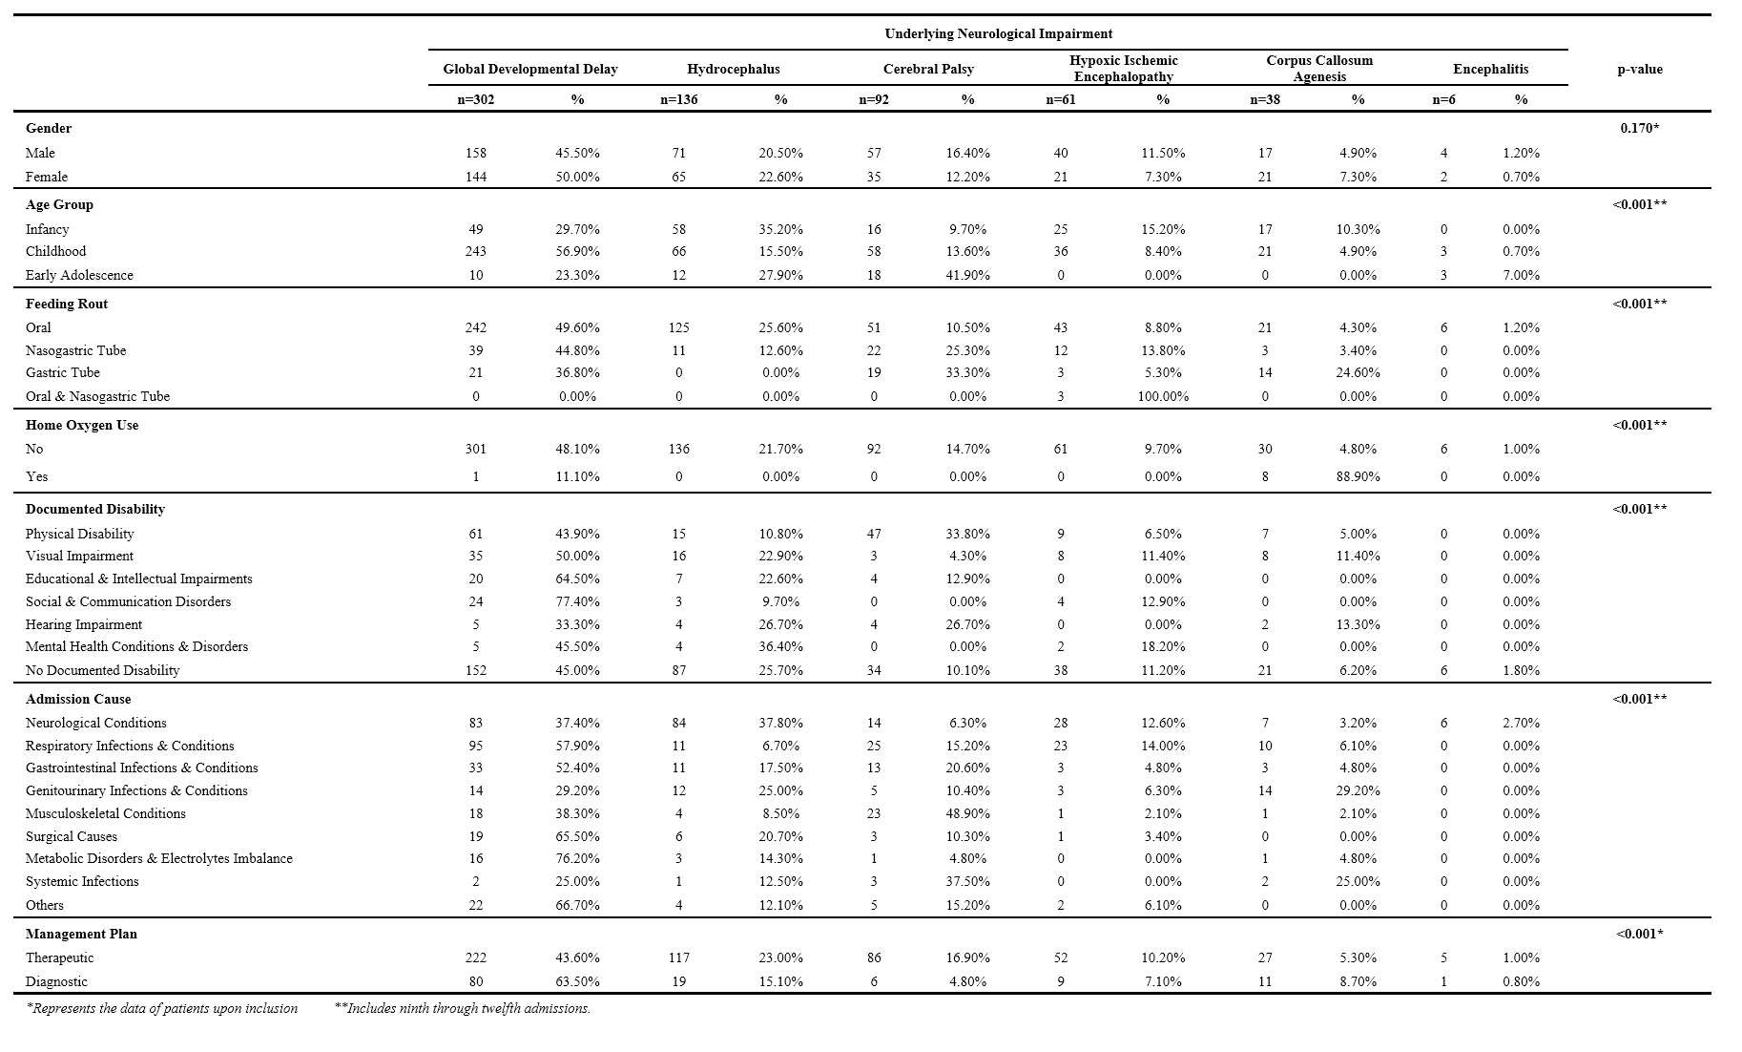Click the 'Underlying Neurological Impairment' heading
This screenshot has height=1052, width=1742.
(998, 33)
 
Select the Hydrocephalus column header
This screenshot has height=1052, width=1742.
(733, 69)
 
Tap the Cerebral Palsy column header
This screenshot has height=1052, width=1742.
(928, 69)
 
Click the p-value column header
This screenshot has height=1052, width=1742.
(1639, 69)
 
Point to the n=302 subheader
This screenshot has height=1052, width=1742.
(476, 99)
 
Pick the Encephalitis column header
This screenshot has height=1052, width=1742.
(1490, 69)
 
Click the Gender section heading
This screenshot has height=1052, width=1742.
(49, 128)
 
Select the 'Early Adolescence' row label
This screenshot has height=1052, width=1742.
(79, 275)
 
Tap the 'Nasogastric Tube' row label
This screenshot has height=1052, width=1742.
(75, 350)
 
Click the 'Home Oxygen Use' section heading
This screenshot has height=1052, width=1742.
(82, 425)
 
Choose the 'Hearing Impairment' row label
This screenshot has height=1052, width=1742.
(84, 624)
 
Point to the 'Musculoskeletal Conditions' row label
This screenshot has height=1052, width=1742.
(106, 813)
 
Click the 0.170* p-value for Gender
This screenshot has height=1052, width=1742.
(1639, 128)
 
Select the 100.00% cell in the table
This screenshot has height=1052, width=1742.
(1163, 396)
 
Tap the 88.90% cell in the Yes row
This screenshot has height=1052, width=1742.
(1358, 476)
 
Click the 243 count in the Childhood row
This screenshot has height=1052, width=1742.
(476, 251)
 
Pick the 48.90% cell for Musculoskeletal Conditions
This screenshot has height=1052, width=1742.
(967, 813)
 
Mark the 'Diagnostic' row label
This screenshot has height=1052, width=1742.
(56, 981)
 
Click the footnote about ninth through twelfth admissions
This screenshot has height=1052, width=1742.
(463, 1008)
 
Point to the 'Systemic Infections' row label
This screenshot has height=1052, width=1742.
(82, 881)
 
